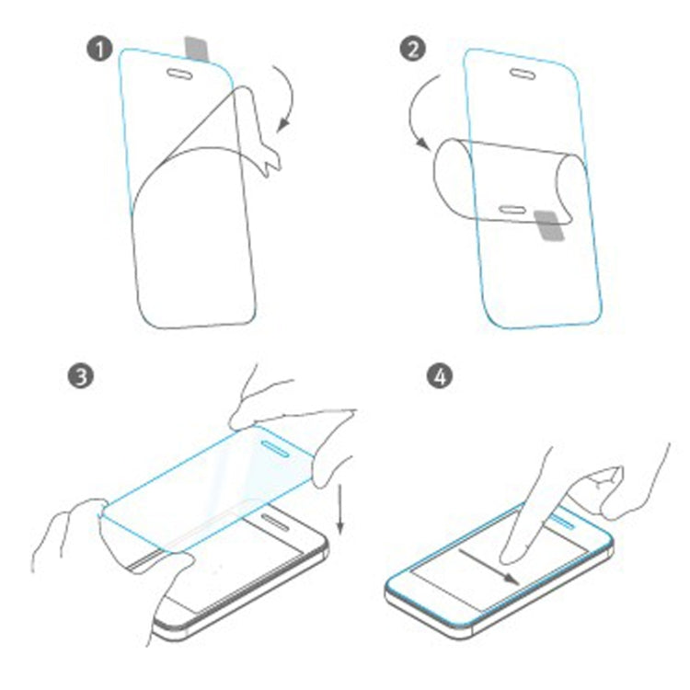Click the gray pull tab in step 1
[x=195, y=46]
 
